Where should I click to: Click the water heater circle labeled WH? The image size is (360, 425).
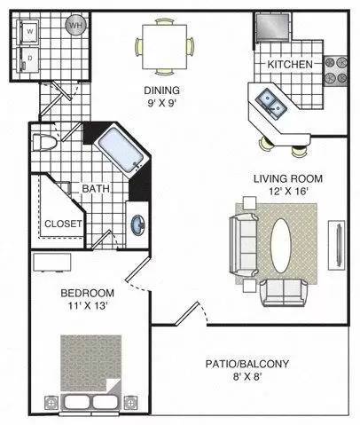point(76,25)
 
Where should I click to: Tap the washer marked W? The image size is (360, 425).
point(29,31)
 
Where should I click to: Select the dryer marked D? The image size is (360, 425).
point(28,59)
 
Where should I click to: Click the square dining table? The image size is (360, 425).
point(165,47)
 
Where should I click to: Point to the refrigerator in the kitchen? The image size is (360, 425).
point(272,27)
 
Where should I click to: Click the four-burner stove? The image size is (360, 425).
point(336,71)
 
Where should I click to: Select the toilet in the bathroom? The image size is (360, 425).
point(44,143)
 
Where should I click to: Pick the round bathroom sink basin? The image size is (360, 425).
point(138,224)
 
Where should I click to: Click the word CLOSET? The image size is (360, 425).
point(63,224)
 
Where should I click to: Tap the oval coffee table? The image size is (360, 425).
point(281,245)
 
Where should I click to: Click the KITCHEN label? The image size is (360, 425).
point(290,64)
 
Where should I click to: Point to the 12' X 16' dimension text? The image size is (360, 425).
point(289,192)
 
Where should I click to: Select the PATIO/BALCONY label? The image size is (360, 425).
point(247,364)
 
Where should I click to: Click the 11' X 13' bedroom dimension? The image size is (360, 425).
point(87,306)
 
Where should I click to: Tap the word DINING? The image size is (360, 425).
point(161,90)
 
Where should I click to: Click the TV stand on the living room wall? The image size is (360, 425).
point(337,245)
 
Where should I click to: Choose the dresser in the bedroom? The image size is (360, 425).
point(52,262)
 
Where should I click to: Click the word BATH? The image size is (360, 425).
point(96,188)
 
